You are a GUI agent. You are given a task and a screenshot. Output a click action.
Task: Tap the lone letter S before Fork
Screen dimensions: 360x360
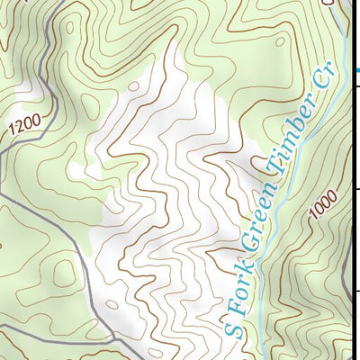point(232,328)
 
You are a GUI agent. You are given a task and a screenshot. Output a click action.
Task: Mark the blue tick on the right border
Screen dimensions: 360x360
point(357,70)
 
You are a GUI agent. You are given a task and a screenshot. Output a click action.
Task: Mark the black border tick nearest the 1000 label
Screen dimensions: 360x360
point(357,189)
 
